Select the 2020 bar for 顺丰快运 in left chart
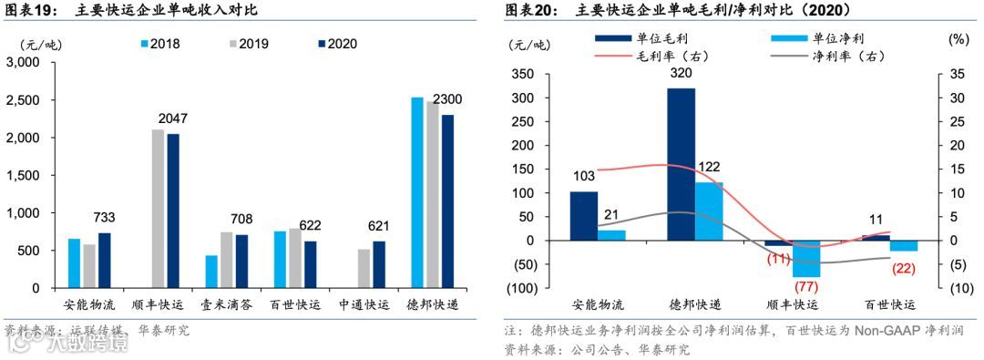click(x=173, y=211)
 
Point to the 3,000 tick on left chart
click(x=25, y=62)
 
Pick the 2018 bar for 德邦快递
click(x=417, y=192)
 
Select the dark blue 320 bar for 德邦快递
click(x=681, y=164)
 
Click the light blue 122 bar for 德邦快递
click(x=708, y=211)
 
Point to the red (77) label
click(x=807, y=287)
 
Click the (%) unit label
click(x=958, y=40)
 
